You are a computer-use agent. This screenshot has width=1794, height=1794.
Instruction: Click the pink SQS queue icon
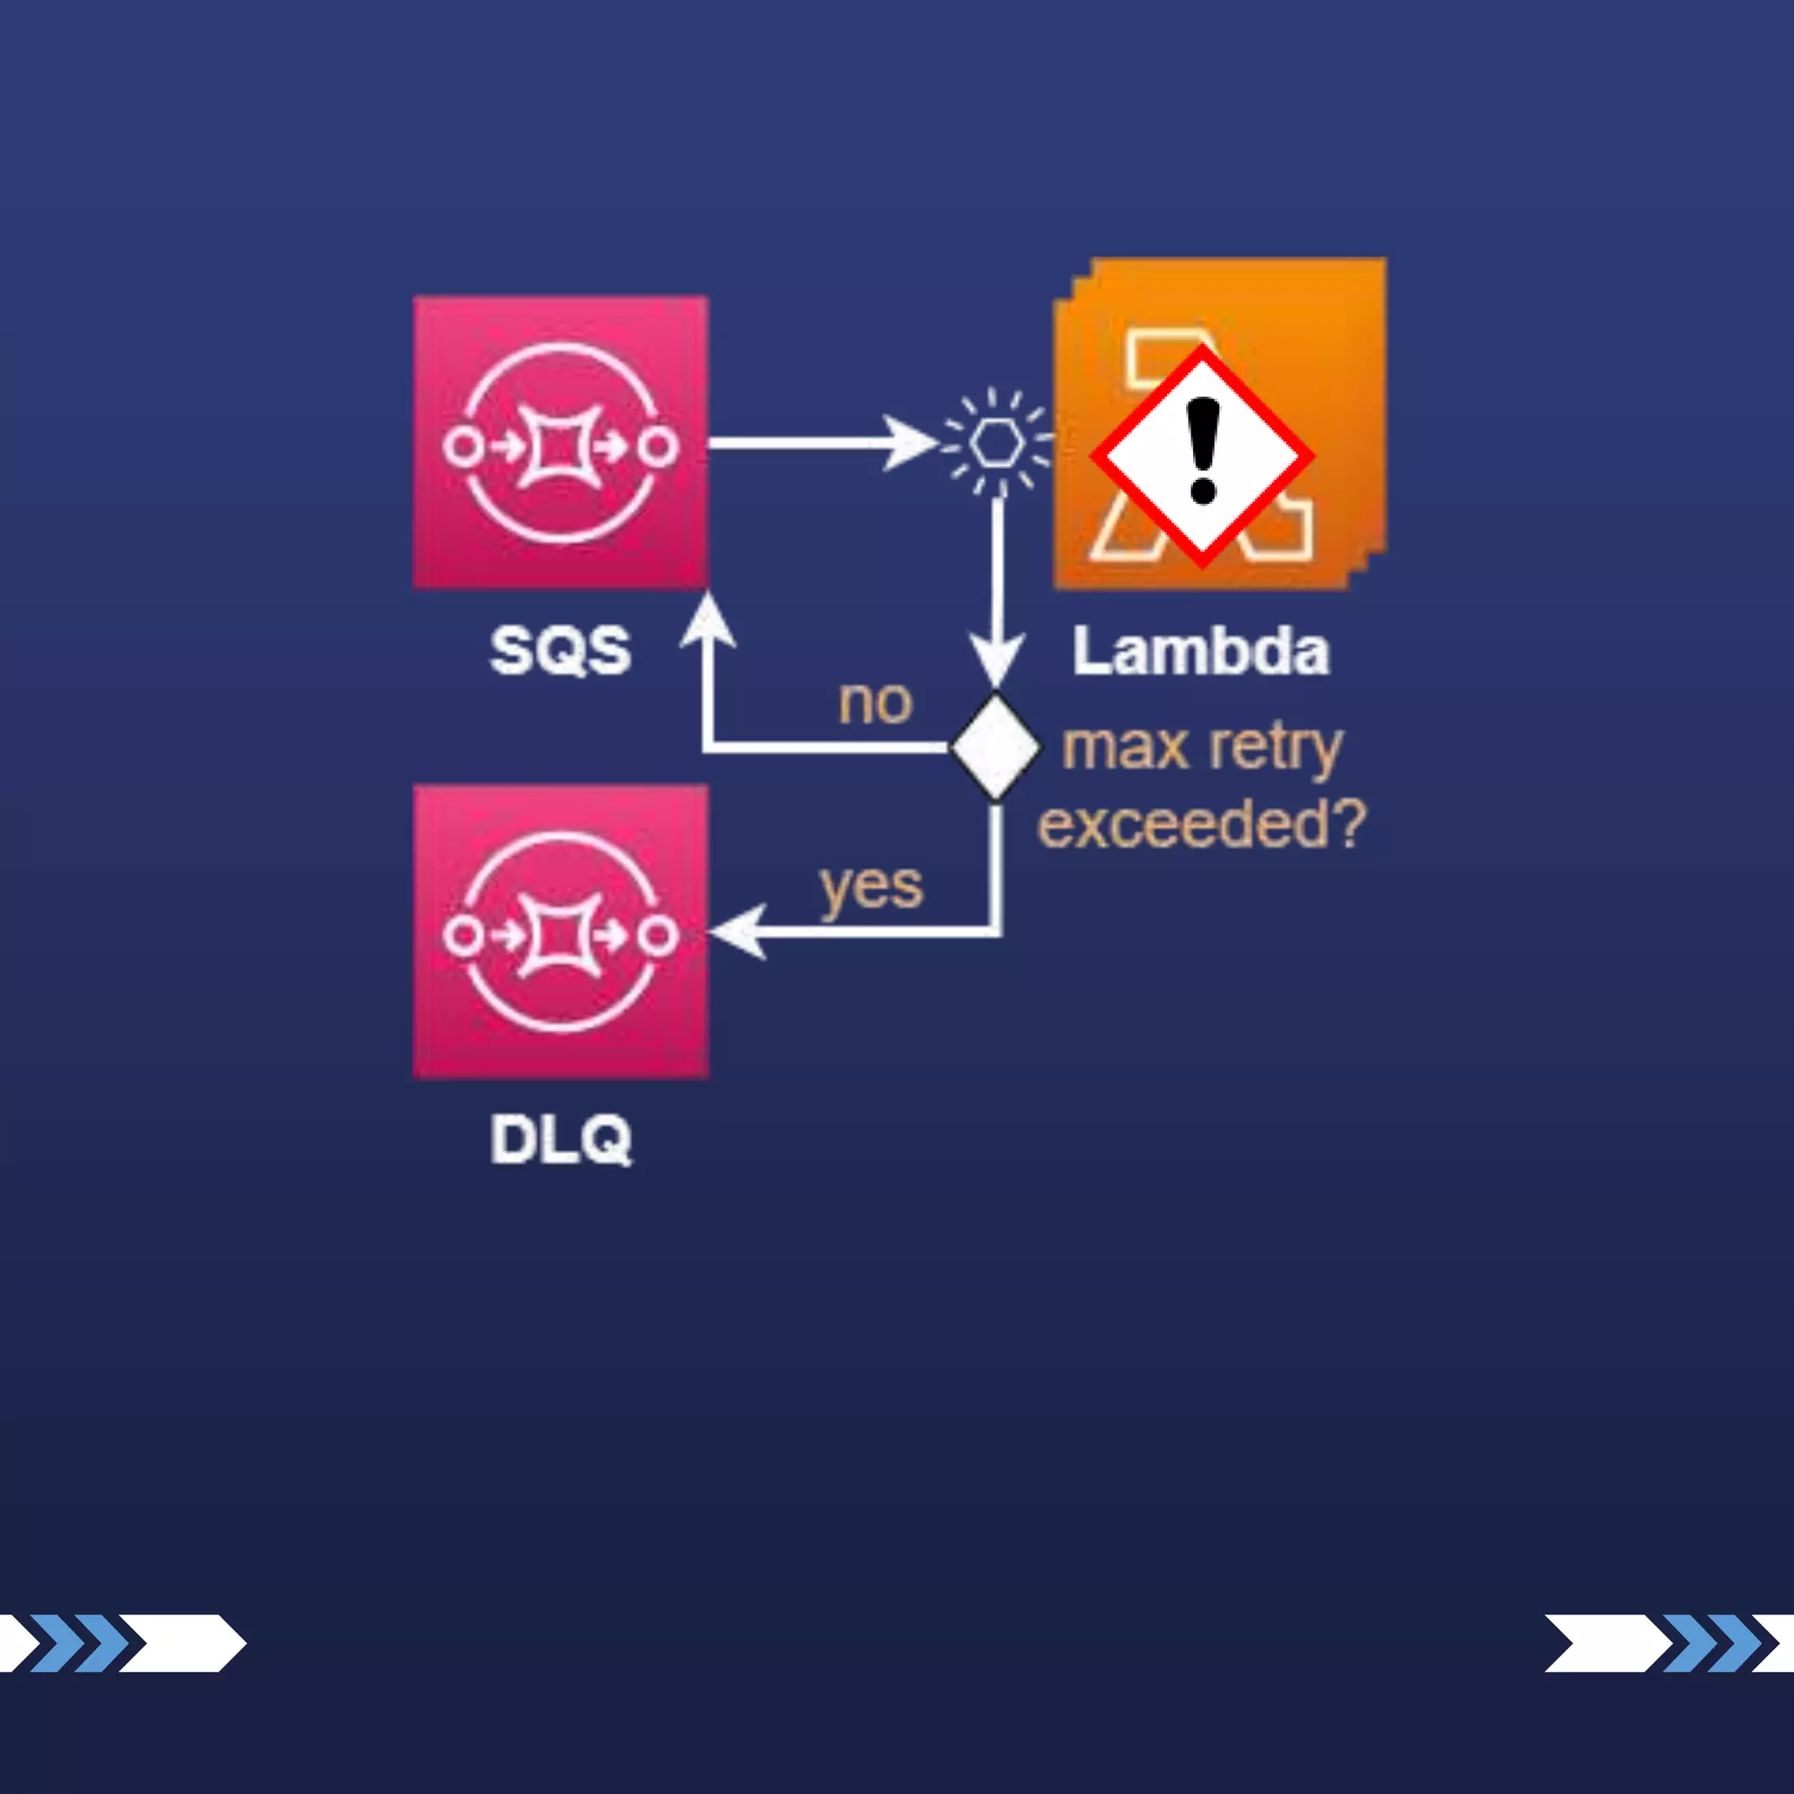pyautogui.click(x=560, y=442)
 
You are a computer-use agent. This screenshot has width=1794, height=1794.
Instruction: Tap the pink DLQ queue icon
pyautogui.click(x=560, y=931)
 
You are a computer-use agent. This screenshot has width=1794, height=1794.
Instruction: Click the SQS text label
pyautogui.click(x=560, y=650)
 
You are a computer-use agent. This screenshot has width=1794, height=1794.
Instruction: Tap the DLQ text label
pyautogui.click(x=560, y=1140)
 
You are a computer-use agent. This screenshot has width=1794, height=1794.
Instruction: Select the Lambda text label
pyautogui.click(x=1201, y=652)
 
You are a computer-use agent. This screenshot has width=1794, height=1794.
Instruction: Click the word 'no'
pyautogui.click(x=875, y=703)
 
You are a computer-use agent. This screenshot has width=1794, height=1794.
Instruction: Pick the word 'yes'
pyautogui.click(x=871, y=886)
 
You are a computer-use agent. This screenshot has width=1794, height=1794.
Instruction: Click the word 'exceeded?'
pyautogui.click(x=1201, y=823)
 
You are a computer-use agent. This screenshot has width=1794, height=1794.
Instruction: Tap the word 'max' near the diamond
pyautogui.click(x=1125, y=747)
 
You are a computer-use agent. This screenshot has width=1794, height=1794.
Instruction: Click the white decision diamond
pyautogui.click(x=995, y=746)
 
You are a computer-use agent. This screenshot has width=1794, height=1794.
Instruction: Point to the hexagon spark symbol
pyautogui.click(x=997, y=442)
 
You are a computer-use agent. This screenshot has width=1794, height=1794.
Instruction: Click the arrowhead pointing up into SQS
pyautogui.click(x=708, y=620)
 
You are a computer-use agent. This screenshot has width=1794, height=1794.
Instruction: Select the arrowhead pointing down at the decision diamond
pyautogui.click(x=996, y=658)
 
